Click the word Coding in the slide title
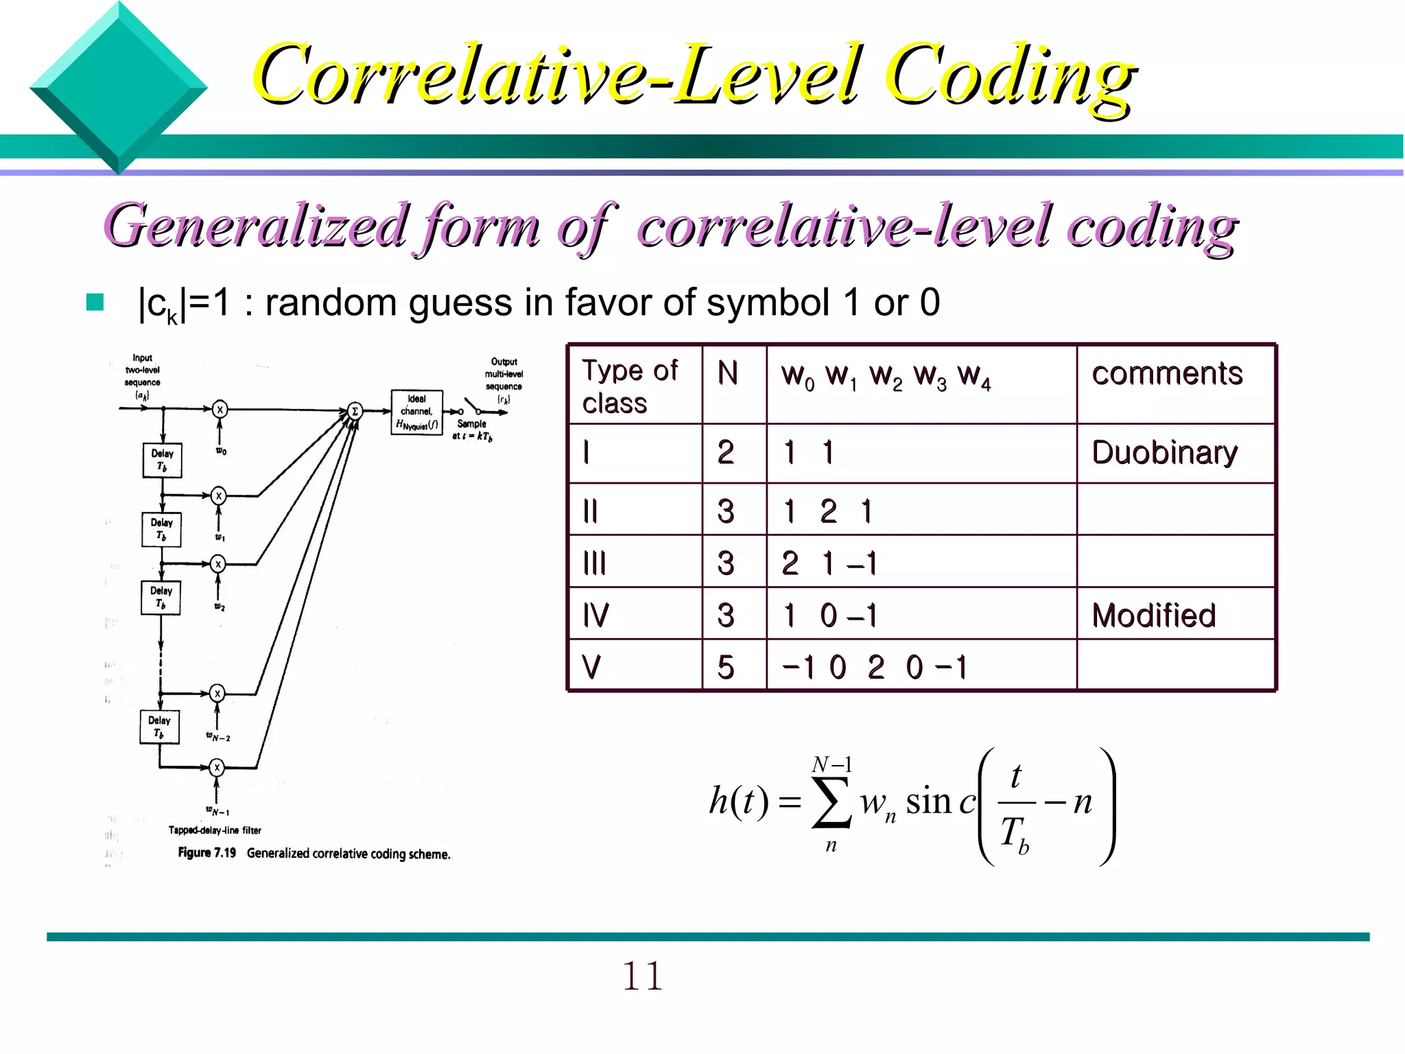point(1008,75)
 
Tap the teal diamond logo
point(119,88)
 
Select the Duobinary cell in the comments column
point(1164,453)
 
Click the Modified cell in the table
point(1153,616)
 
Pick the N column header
point(728,374)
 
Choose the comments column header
point(1167,374)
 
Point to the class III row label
point(594,563)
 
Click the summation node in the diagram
point(355,411)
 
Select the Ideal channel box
point(416,412)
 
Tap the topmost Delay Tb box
point(163,460)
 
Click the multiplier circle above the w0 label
point(220,410)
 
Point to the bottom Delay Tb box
point(159,727)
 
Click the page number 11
point(642,976)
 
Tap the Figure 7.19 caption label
point(206,853)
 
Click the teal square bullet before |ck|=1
point(95,303)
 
